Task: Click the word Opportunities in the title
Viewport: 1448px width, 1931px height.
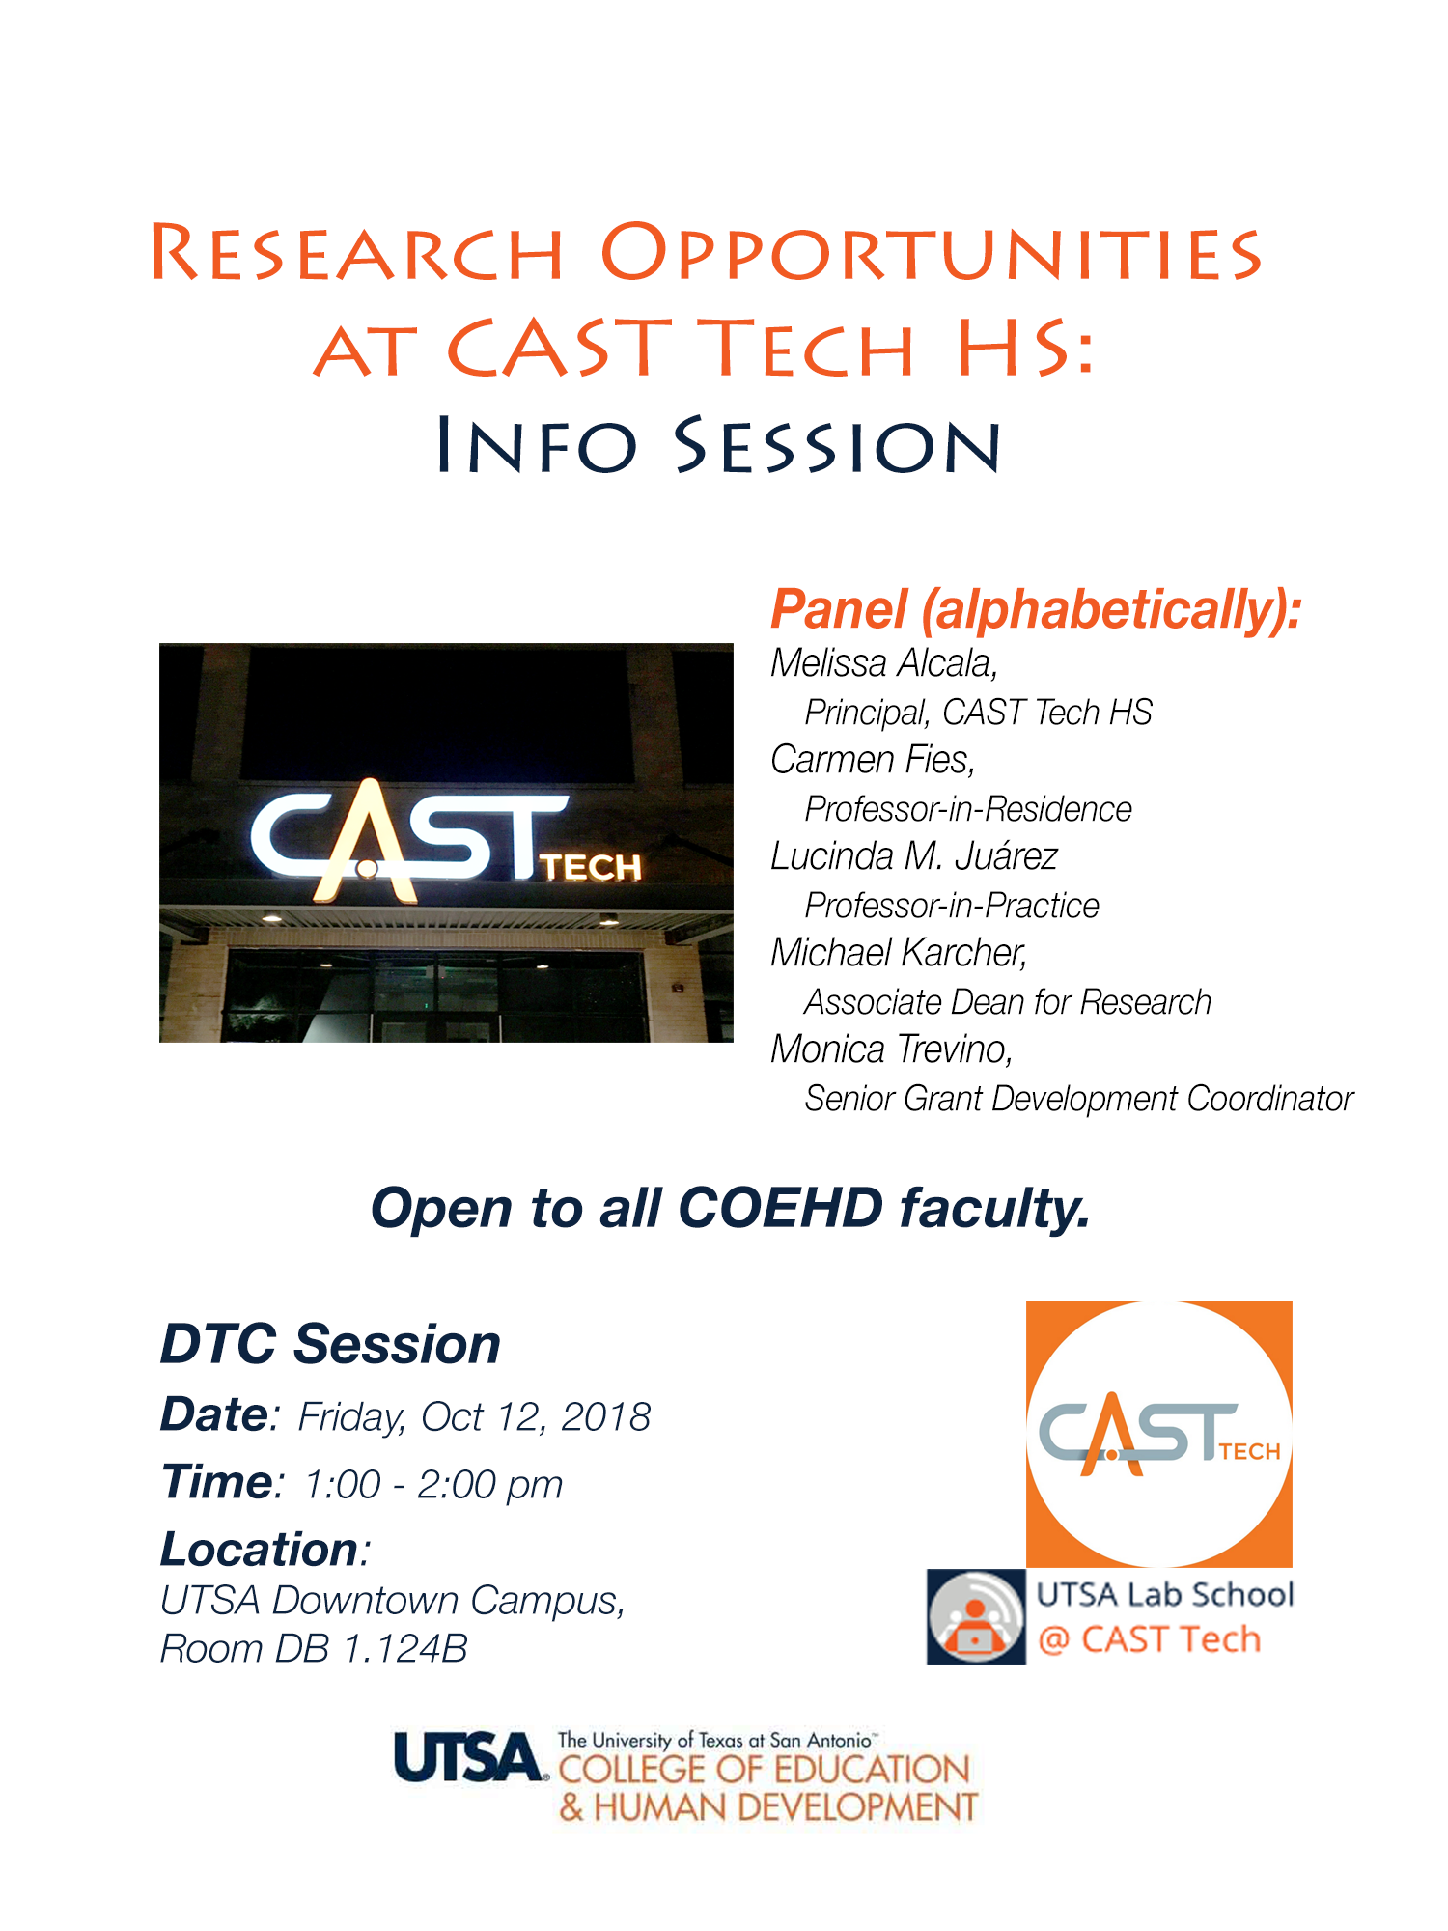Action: [931, 254]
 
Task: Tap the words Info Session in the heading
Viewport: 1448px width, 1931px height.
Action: [719, 445]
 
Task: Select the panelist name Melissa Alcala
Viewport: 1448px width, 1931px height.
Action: [882, 663]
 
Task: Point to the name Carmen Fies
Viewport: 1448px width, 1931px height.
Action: [871, 760]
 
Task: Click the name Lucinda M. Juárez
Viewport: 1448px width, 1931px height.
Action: [914, 856]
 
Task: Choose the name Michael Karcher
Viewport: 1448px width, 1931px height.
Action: [897, 953]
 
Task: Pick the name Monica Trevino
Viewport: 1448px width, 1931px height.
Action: [890, 1049]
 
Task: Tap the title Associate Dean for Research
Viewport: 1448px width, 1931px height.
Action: [1008, 1002]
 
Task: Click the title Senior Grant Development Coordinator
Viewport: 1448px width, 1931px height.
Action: [1079, 1100]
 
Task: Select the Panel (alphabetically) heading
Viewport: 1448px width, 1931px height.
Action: [1036, 610]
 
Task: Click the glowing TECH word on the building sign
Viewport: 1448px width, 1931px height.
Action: [591, 867]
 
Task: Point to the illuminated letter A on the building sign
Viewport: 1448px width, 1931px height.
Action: [367, 840]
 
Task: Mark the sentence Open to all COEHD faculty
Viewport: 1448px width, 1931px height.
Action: [731, 1209]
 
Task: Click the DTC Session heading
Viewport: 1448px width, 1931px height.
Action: [330, 1344]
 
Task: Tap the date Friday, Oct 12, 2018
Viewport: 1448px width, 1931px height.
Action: [474, 1417]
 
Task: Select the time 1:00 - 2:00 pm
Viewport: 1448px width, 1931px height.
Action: [433, 1485]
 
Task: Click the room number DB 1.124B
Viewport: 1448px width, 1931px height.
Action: [371, 1649]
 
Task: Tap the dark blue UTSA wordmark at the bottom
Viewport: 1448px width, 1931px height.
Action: [468, 1757]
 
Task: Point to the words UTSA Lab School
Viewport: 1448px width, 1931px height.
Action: [1165, 1595]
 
